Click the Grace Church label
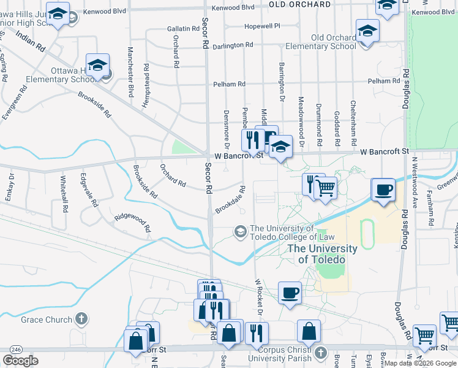[x=47, y=320]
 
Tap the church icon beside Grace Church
[x=81, y=319]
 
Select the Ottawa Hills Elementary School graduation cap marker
[x=97, y=66]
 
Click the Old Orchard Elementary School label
[x=333, y=42]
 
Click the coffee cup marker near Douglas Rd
[x=383, y=190]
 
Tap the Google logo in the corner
[x=21, y=361]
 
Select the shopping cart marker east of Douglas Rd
[x=424, y=335]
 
